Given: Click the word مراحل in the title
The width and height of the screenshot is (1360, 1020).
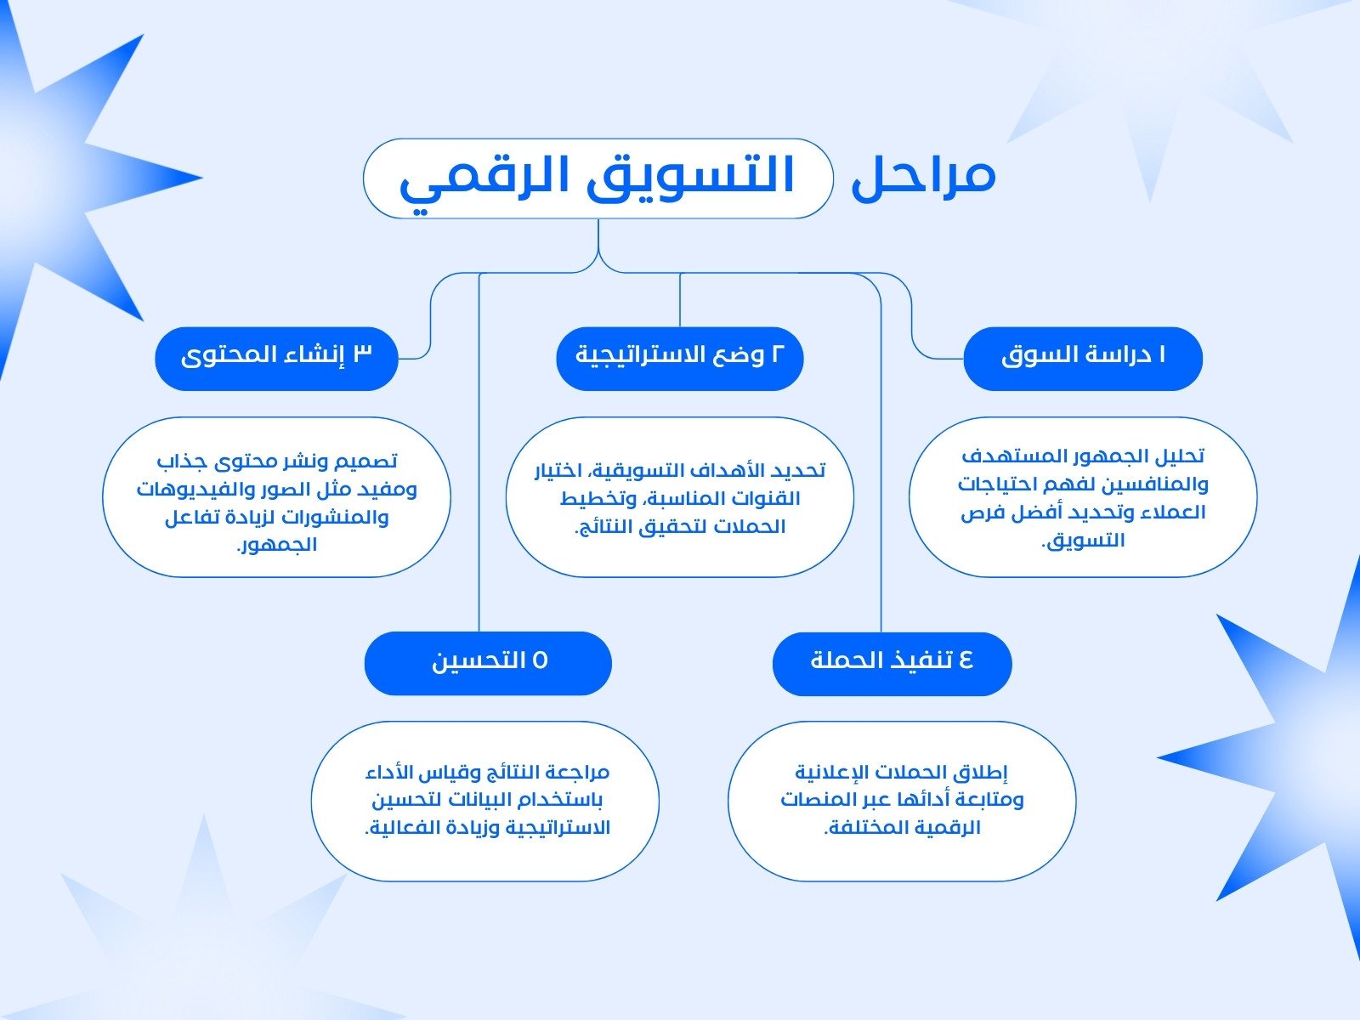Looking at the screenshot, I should tap(923, 176).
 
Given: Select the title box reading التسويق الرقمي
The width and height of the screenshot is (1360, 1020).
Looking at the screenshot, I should tap(598, 178).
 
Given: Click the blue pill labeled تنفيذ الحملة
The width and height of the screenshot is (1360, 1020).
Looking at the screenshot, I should tap(892, 663).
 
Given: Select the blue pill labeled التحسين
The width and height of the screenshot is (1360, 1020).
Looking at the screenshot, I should tap(488, 663).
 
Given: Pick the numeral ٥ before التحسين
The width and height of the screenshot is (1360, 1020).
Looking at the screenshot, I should tap(540, 660).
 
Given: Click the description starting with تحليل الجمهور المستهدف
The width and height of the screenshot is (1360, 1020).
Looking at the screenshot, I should tap(1083, 497).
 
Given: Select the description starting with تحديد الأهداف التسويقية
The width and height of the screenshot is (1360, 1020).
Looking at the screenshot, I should tap(680, 497).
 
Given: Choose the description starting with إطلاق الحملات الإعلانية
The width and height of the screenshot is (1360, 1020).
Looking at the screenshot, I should tap(902, 800).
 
